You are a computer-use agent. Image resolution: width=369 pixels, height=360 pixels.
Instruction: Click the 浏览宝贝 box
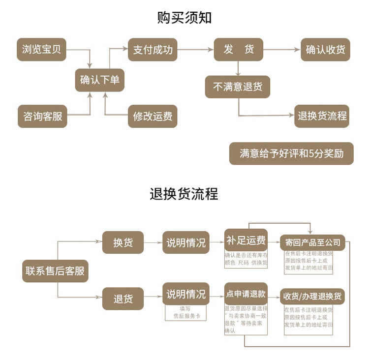[41, 49]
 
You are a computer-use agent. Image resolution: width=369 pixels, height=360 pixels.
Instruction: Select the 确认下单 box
[99, 80]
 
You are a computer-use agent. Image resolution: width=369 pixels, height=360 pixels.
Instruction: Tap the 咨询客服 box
[42, 117]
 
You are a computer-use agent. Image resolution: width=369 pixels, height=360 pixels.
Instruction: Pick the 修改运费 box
[153, 117]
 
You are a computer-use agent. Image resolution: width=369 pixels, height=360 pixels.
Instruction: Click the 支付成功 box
[153, 49]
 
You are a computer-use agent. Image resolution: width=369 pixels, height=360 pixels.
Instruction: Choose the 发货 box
[238, 49]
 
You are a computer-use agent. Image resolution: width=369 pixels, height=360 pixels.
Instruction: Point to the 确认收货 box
[325, 49]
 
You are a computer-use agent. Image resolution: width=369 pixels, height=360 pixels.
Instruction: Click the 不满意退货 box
[238, 87]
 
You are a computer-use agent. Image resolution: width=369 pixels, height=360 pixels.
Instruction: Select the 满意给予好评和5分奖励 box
[291, 153]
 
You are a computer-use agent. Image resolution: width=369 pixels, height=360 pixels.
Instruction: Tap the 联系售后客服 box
[55, 270]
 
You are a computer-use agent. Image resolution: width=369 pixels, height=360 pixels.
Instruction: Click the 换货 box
[123, 242]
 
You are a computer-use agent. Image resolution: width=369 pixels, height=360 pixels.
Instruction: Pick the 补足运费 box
[246, 240]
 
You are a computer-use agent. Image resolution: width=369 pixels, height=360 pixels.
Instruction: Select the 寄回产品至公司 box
[312, 242]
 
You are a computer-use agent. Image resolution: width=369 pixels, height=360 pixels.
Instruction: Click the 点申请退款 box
[246, 294]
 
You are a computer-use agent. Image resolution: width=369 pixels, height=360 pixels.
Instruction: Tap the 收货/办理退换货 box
[312, 297]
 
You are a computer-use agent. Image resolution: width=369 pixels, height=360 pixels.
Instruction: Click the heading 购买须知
[184, 18]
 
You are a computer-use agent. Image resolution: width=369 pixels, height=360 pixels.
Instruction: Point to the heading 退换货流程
[184, 194]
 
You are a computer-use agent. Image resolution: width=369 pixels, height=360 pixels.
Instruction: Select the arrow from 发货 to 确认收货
[282, 49]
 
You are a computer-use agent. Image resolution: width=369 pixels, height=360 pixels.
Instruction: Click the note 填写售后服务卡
[185, 313]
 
